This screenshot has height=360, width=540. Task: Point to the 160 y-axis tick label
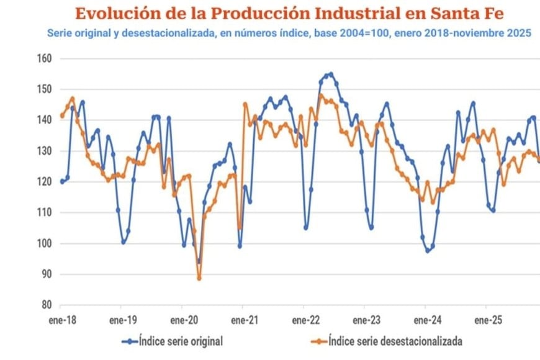[x=43, y=59]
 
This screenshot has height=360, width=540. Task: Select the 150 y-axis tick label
[x=43, y=89]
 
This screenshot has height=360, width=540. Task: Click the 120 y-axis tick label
[x=43, y=182]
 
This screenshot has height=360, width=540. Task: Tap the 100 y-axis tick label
[x=43, y=243]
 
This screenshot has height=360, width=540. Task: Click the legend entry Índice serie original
[x=181, y=341]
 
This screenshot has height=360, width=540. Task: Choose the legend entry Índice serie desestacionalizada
[x=395, y=341]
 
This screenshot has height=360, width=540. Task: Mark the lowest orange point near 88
[x=199, y=278]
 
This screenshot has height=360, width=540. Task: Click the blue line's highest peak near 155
[x=331, y=74]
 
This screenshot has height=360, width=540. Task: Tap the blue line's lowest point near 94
[x=199, y=262]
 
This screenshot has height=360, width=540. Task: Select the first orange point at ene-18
[x=61, y=115]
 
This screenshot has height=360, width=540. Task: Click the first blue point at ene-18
[x=61, y=181]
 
